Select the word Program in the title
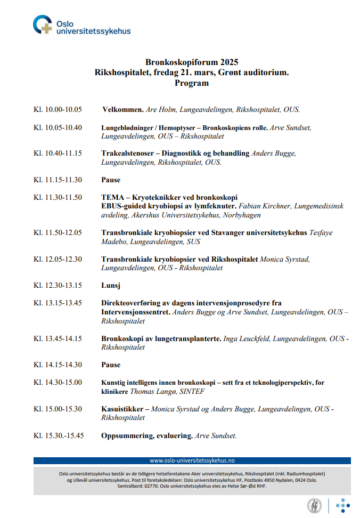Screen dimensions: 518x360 click(191, 83)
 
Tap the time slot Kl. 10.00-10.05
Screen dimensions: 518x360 click(58, 109)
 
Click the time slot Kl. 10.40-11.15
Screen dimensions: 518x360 click(58, 153)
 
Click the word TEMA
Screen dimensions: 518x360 click(112, 197)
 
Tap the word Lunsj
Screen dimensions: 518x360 click(111, 285)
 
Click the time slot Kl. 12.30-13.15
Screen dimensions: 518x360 click(58, 285)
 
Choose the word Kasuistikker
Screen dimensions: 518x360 click(122, 409)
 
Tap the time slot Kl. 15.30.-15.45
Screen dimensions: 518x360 click(59, 435)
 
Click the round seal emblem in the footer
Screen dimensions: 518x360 click(314, 505)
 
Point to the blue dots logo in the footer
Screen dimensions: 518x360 click(342, 505)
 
